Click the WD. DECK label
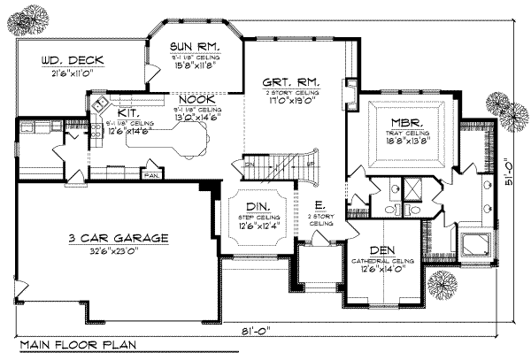click(73, 60)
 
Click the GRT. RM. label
click(290, 81)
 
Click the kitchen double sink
click(99, 105)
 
